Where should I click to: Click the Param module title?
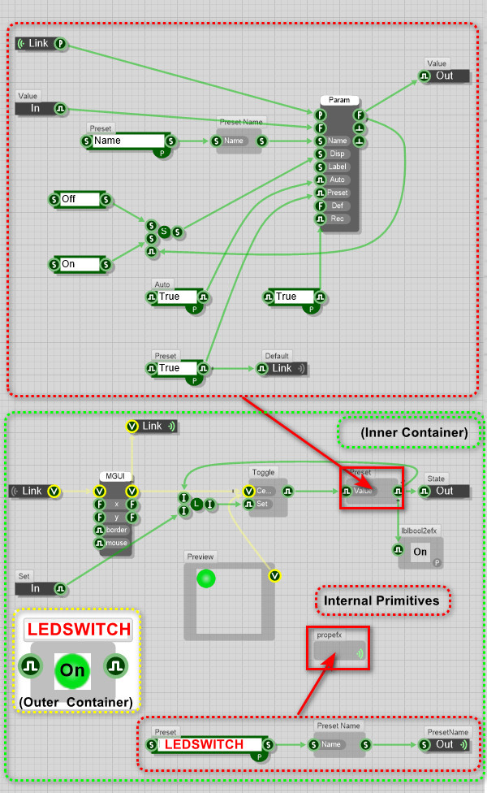pos(339,100)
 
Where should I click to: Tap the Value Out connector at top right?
pos(444,76)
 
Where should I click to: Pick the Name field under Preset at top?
pos(127,141)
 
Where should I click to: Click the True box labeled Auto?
pos(175,297)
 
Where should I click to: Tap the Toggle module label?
pos(263,472)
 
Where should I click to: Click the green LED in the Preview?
pos(205,579)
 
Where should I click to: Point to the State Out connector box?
pos(444,491)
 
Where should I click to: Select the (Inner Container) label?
pos(414,433)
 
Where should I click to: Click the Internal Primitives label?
pos(381,601)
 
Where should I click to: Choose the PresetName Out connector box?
pos(444,744)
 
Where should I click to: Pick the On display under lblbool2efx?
pos(420,552)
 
